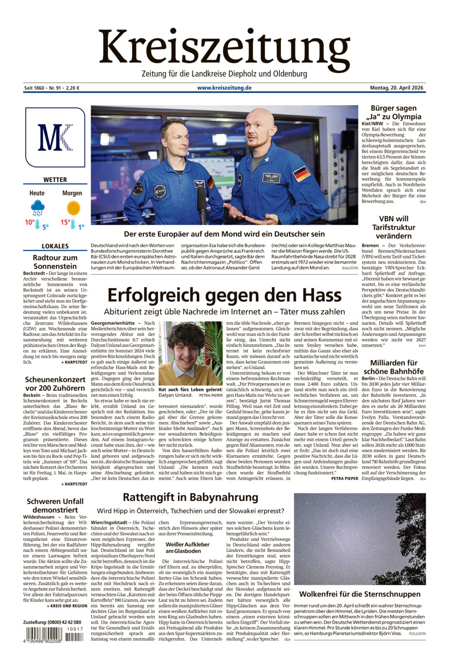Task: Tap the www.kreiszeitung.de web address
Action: point(224,88)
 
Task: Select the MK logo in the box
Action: point(55,137)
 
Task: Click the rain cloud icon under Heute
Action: point(38,208)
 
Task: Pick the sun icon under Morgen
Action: point(73,208)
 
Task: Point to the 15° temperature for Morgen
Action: point(65,223)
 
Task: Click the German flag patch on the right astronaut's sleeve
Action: point(302,173)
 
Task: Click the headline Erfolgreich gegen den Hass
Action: point(224,295)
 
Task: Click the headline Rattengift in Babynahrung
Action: point(190,497)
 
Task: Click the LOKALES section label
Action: point(55,246)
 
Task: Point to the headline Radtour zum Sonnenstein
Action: point(55,262)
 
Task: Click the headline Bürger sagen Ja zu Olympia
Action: point(393,112)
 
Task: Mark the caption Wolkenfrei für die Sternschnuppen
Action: point(360,594)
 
